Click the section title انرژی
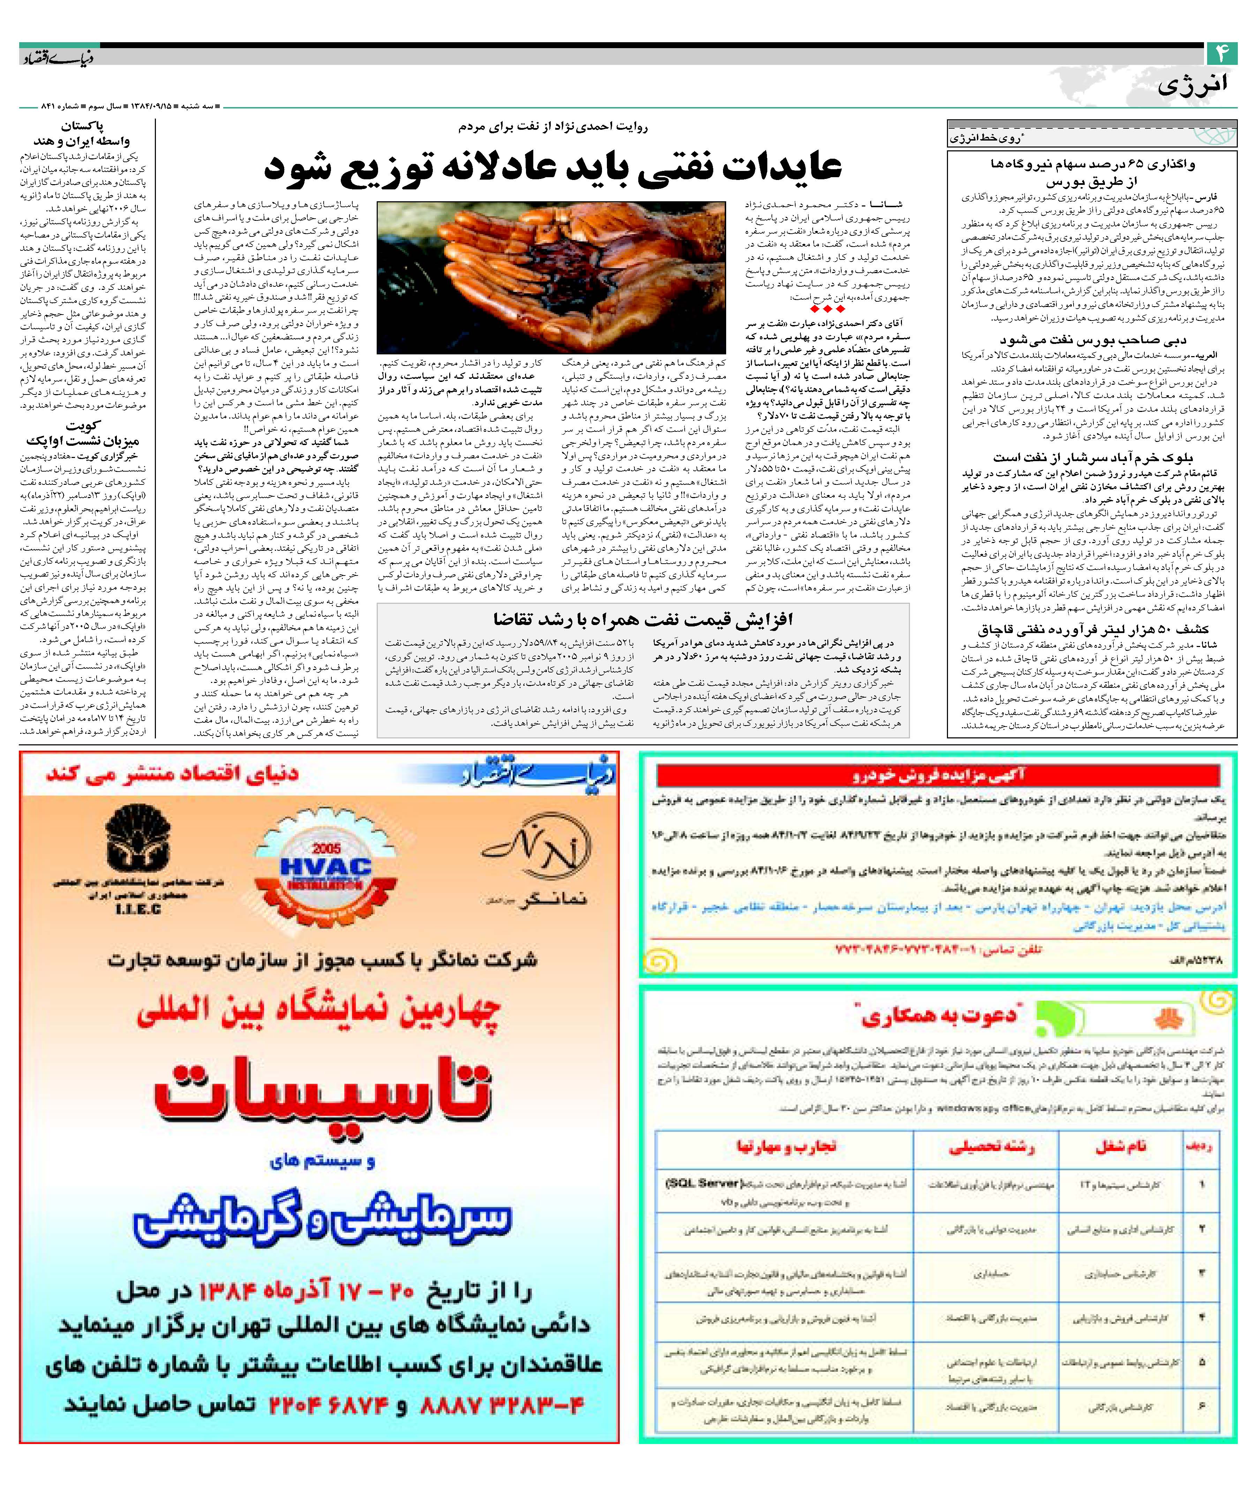(1191, 85)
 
